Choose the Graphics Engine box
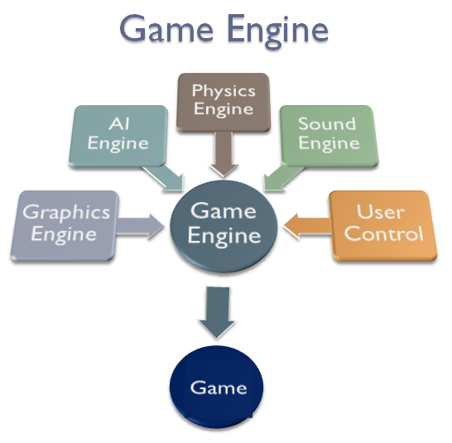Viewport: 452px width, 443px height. click(x=65, y=223)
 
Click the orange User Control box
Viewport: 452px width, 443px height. click(x=383, y=222)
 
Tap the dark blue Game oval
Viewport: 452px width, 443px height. click(x=219, y=388)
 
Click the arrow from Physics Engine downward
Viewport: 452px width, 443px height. click(x=223, y=154)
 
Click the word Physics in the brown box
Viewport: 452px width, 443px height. click(x=223, y=90)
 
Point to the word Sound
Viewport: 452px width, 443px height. click(x=327, y=123)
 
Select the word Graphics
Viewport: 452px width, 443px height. click(x=65, y=212)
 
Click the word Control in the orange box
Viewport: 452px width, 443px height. click(x=383, y=233)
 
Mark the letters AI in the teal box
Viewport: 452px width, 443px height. click(x=118, y=123)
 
